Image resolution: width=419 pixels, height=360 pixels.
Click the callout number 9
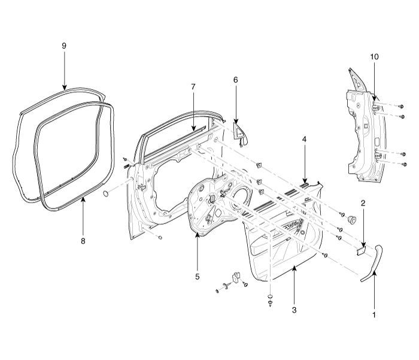pyautogui.click(x=63, y=46)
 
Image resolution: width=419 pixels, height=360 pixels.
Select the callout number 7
pyautogui.click(x=193, y=87)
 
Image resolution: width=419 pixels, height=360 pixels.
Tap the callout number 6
pyautogui.click(x=236, y=80)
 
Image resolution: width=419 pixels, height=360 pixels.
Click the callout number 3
pyautogui.click(x=294, y=310)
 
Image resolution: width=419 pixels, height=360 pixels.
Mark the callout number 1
pyautogui.click(x=375, y=313)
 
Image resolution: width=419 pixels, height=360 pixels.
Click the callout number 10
pyautogui.click(x=374, y=56)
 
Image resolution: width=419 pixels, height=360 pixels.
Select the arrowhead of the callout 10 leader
pyautogui.click(x=374, y=99)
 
